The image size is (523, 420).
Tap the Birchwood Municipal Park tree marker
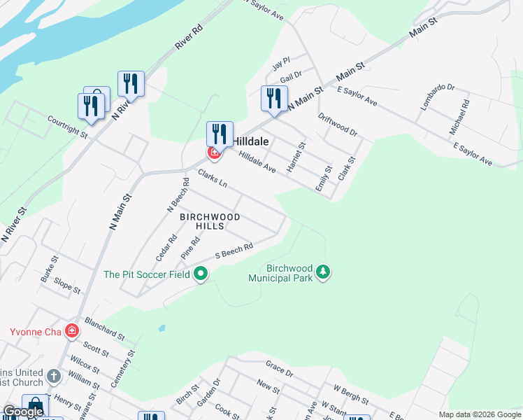[322, 271]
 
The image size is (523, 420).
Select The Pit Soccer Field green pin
[201, 274]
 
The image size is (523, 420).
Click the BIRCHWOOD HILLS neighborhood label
[210, 221]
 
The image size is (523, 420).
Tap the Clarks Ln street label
[213, 178]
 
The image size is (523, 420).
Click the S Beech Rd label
[234, 250]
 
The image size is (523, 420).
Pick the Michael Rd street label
[460, 117]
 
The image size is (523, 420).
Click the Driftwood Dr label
[338, 125]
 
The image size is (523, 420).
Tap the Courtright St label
[67, 125]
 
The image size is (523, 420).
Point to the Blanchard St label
[104, 328]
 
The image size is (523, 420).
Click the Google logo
[23, 412]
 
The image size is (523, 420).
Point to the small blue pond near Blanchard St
[162, 328]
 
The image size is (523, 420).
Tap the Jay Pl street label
[280, 64]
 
